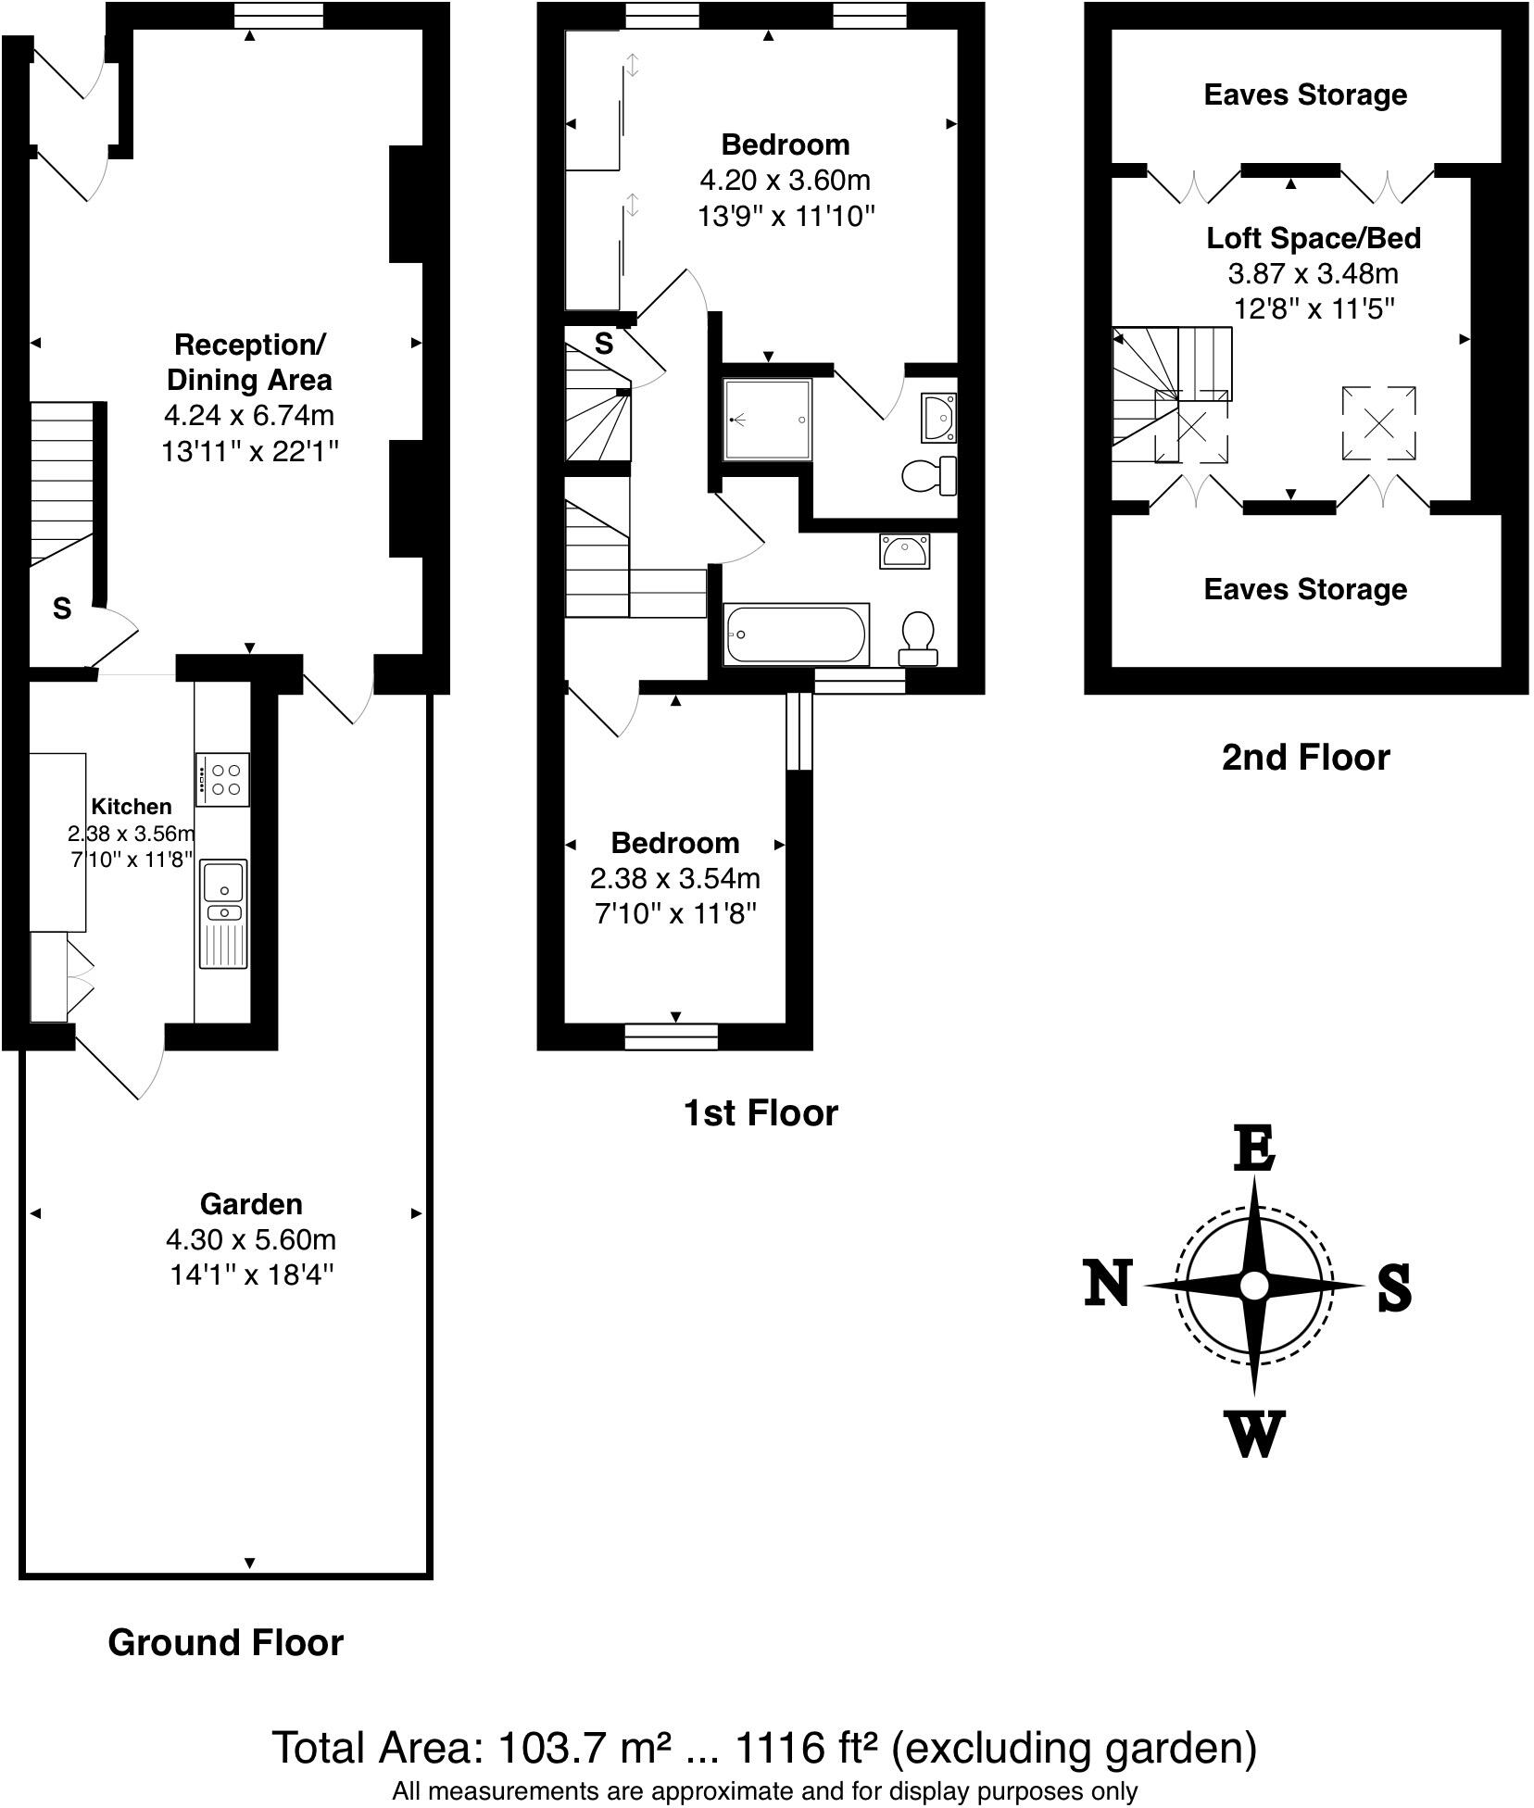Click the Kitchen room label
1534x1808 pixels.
[x=131, y=806]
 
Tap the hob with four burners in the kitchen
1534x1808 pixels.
[x=222, y=779]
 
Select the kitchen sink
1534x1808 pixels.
[x=223, y=881]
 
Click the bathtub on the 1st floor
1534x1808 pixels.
[x=797, y=634]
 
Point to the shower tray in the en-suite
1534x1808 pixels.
[x=768, y=420]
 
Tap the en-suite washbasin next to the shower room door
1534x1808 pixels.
[x=938, y=418]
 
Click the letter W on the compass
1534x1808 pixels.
[x=1255, y=1433]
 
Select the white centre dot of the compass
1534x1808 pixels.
[x=1254, y=1286]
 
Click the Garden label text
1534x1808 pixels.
[x=251, y=1204]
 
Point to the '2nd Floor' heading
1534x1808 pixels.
[x=1305, y=758]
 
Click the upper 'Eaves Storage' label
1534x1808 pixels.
[x=1305, y=94]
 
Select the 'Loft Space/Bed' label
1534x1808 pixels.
[x=1313, y=238]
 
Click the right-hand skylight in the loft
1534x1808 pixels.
[x=1378, y=423]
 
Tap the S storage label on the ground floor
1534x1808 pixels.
[x=62, y=609]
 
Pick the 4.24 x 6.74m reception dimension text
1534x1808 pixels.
[x=248, y=415]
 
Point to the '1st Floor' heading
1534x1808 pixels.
[x=760, y=1112]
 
